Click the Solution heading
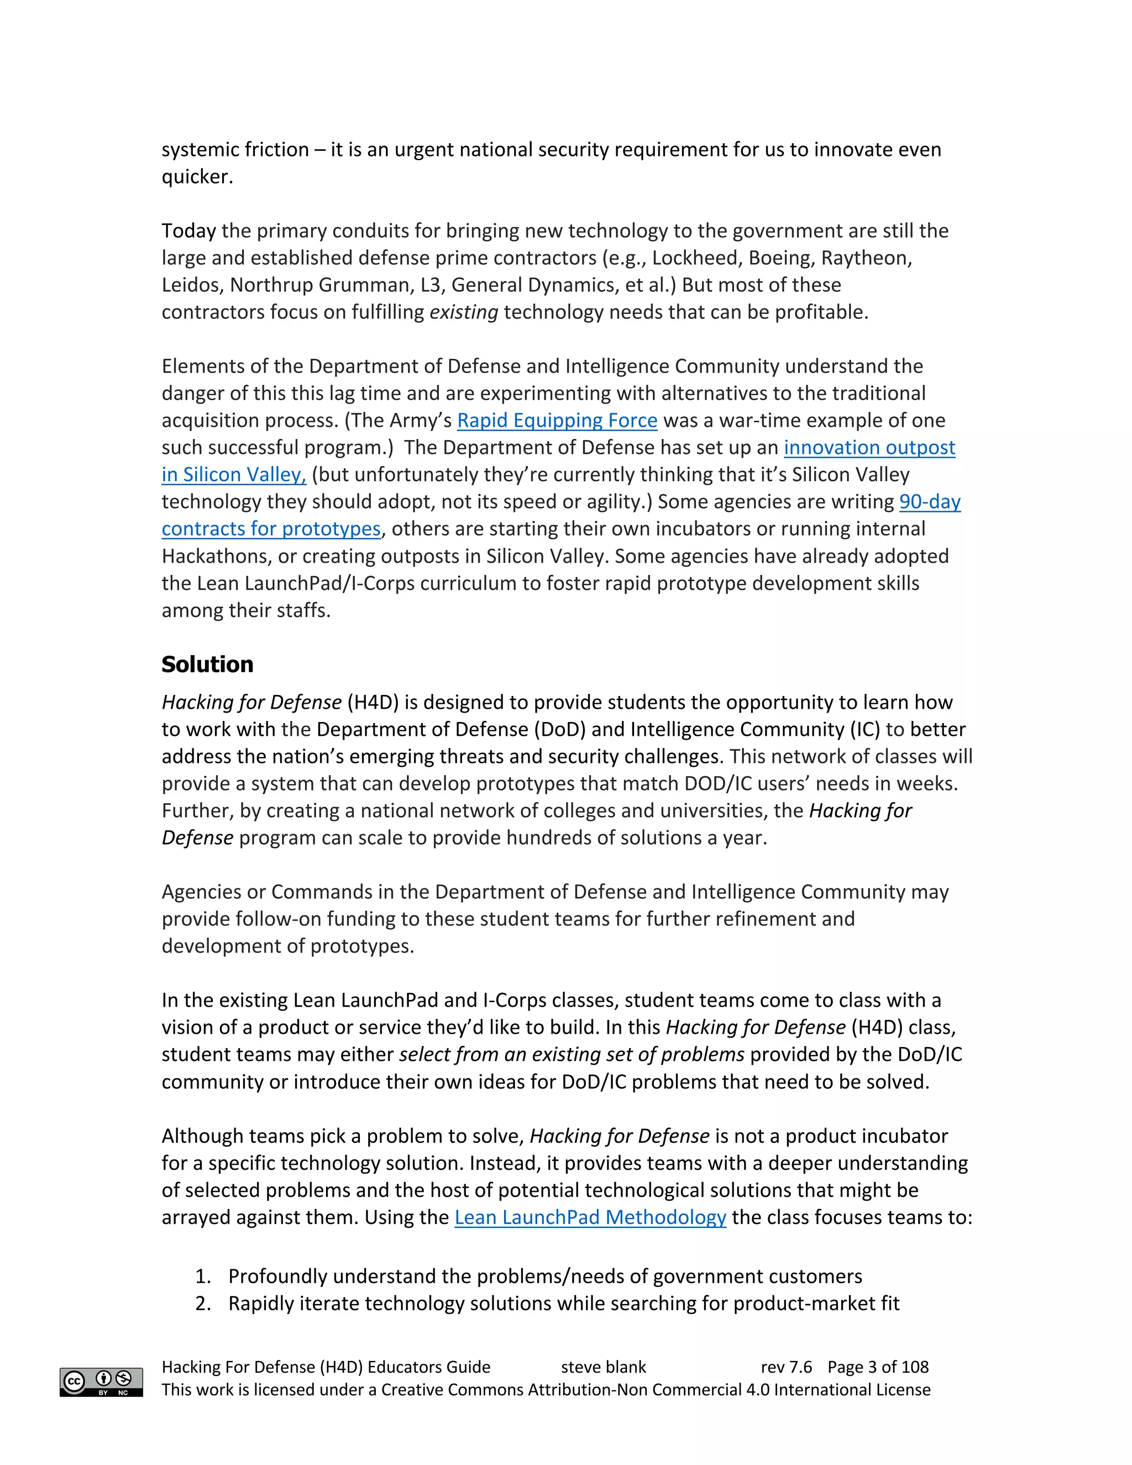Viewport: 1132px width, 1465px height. [207, 664]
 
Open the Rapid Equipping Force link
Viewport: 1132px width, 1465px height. [557, 421]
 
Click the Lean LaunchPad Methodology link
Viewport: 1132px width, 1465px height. [590, 1217]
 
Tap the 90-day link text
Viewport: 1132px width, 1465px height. [930, 502]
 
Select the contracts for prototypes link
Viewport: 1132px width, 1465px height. [271, 529]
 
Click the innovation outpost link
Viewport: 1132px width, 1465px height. [869, 447]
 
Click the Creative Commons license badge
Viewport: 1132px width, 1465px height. [101, 1382]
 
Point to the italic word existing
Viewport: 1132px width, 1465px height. [463, 312]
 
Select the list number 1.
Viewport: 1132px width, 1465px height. [202, 1276]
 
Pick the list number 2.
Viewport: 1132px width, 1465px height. [202, 1304]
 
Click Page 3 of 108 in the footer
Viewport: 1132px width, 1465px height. [878, 1367]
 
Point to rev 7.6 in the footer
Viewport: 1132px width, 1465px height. [786, 1367]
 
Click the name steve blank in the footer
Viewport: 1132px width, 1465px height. [603, 1367]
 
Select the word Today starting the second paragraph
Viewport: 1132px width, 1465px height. [188, 231]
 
